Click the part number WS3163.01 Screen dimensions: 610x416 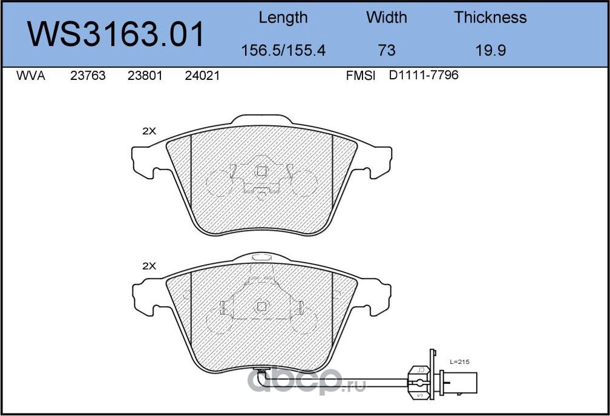(116, 35)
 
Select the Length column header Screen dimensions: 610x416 (283, 18)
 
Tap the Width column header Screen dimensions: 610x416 (386, 18)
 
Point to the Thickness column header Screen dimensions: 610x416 (490, 18)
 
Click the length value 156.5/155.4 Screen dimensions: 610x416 (283, 51)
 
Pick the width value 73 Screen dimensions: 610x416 (386, 51)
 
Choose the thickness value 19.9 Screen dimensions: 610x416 (491, 51)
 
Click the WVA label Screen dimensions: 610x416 (31, 76)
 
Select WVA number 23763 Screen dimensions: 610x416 (88, 76)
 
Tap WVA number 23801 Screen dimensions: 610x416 (145, 76)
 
